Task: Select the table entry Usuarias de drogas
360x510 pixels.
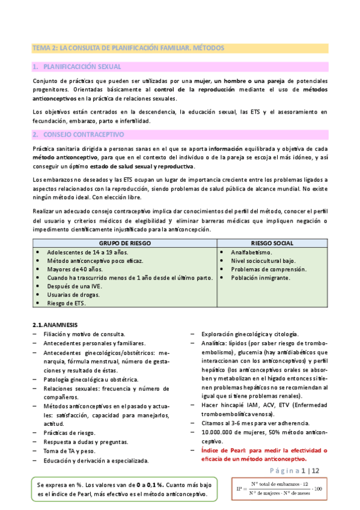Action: pos(74,295)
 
